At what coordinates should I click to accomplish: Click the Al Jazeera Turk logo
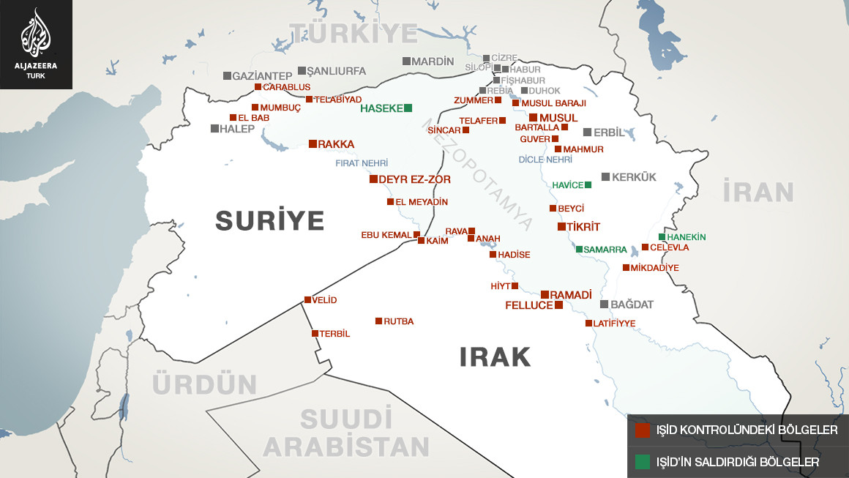[x=35, y=44]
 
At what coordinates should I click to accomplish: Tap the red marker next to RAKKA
[x=313, y=144]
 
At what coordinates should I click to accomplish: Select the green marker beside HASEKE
[x=408, y=108]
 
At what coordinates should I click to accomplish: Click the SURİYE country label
[x=269, y=220]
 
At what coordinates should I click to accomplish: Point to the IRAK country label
[x=495, y=357]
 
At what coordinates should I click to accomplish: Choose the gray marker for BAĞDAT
[x=604, y=305]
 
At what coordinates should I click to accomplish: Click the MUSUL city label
[x=558, y=118]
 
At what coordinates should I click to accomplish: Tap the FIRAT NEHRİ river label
[x=362, y=163]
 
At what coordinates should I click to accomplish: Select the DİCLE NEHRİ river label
[x=545, y=160]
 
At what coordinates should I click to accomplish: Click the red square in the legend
[x=642, y=430]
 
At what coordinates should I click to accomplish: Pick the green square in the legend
[x=642, y=462]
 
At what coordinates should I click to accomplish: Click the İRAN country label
[x=758, y=192]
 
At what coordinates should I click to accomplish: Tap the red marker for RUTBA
[x=378, y=321]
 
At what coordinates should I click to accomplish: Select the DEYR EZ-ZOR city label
[x=414, y=179]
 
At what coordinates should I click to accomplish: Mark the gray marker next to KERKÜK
[x=605, y=177]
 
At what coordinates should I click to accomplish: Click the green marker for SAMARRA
[x=579, y=250]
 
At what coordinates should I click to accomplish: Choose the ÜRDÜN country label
[x=205, y=384]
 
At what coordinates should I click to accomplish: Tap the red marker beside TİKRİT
[x=561, y=227]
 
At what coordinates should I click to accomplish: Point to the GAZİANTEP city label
[x=262, y=76]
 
